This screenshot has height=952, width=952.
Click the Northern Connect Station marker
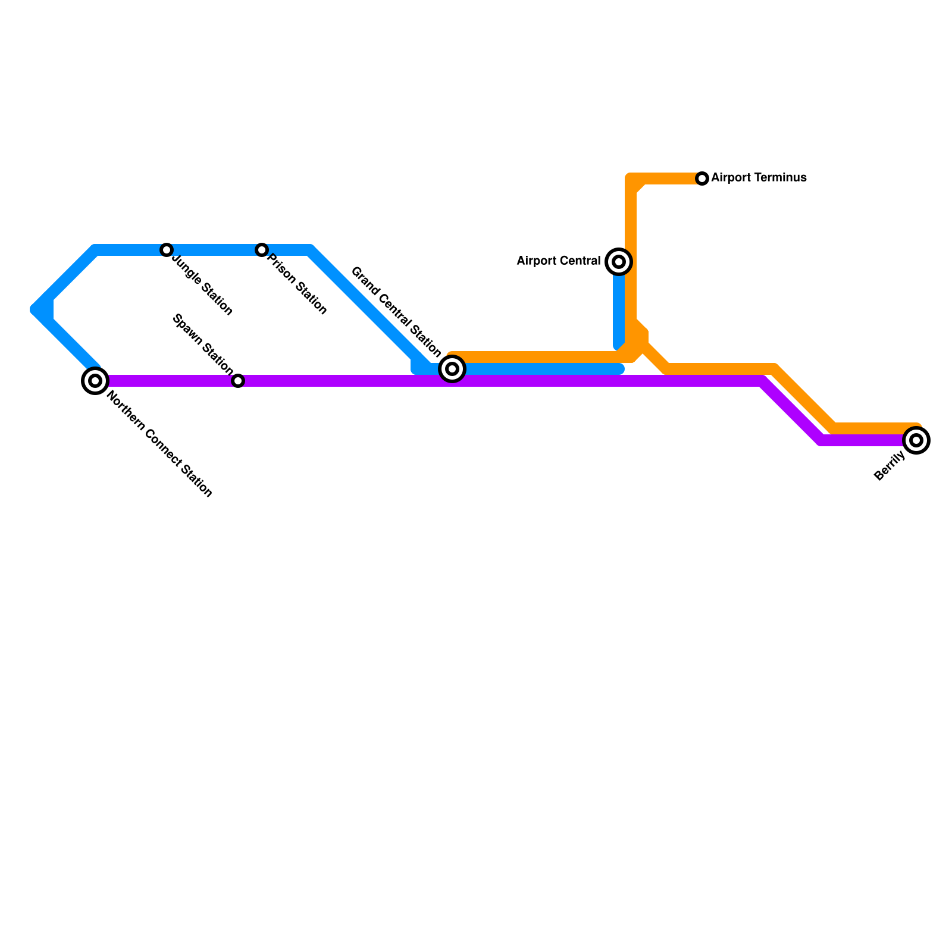(x=95, y=380)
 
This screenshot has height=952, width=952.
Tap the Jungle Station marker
(x=167, y=250)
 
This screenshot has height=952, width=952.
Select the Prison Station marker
(x=262, y=250)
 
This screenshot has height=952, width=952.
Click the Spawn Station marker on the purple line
(x=238, y=381)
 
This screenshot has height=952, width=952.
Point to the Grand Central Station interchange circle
(x=452, y=369)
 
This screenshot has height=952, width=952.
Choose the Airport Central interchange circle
(x=619, y=262)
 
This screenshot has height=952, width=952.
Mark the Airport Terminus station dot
(x=702, y=178)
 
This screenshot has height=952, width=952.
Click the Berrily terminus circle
(x=916, y=440)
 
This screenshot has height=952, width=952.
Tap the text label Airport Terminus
(x=759, y=178)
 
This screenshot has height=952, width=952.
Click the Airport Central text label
(x=558, y=261)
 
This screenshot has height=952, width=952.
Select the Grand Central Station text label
(x=396, y=312)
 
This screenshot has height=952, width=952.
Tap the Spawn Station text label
(x=202, y=345)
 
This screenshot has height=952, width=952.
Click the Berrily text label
(x=890, y=466)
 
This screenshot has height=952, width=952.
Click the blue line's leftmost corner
(x=37, y=309)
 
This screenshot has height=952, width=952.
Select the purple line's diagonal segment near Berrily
(x=791, y=411)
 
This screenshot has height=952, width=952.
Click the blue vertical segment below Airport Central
(x=619, y=309)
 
